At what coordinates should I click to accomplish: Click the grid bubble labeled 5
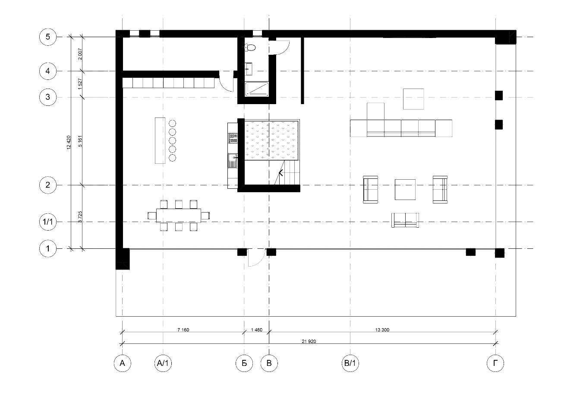click(48, 37)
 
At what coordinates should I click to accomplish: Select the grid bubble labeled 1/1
click(48, 222)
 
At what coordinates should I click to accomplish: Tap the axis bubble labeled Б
click(244, 363)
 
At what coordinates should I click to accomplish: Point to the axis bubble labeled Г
click(495, 363)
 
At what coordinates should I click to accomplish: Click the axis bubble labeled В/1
click(350, 363)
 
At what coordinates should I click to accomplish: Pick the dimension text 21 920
click(309, 341)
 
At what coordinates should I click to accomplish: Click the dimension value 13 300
click(382, 330)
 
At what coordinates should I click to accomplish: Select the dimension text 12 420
click(69, 143)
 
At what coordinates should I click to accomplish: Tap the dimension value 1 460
click(257, 330)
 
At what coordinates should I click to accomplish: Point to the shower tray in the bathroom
click(257, 89)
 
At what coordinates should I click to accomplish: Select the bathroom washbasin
click(249, 68)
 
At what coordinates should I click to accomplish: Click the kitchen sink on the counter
click(233, 161)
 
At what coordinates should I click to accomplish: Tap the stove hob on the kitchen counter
click(233, 138)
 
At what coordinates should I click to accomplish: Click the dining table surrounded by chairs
click(179, 216)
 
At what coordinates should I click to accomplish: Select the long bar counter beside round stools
click(160, 140)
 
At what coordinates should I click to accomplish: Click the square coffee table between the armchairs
click(405, 190)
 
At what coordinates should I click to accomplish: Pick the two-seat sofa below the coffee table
click(405, 220)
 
